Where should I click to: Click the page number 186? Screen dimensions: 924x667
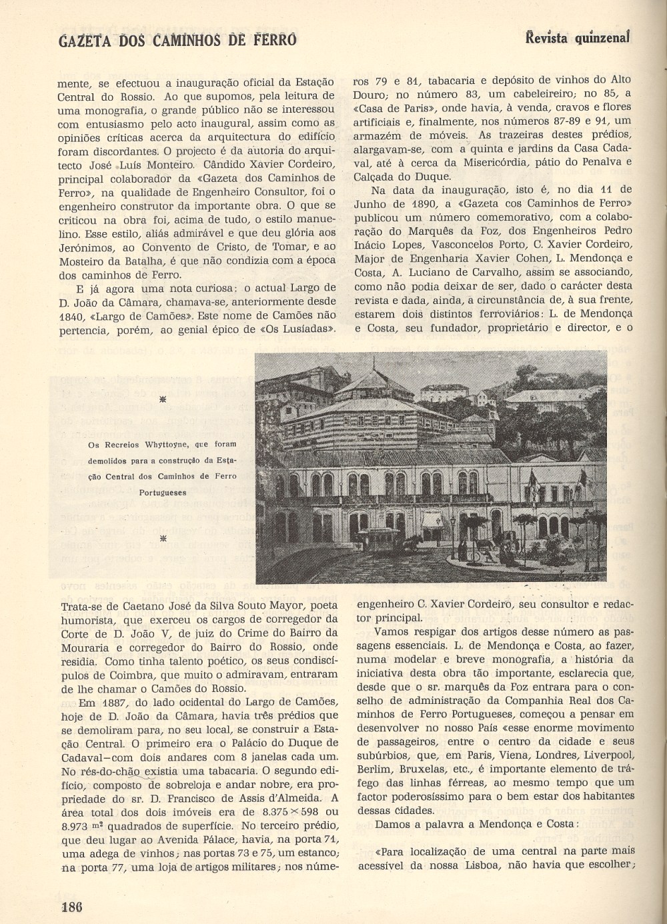pyautogui.click(x=71, y=907)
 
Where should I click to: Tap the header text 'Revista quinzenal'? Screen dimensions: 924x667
pyautogui.click(x=577, y=38)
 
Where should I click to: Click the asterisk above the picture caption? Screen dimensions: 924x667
pyautogui.click(x=163, y=399)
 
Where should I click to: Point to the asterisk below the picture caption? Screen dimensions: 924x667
pyautogui.click(x=163, y=537)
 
